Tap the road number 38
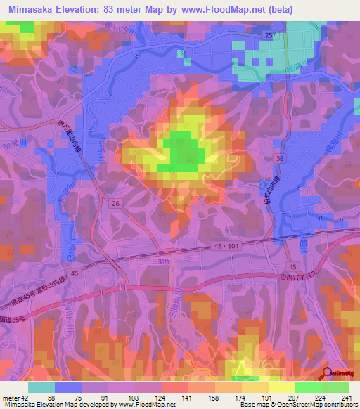280,160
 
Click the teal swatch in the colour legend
41,387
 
